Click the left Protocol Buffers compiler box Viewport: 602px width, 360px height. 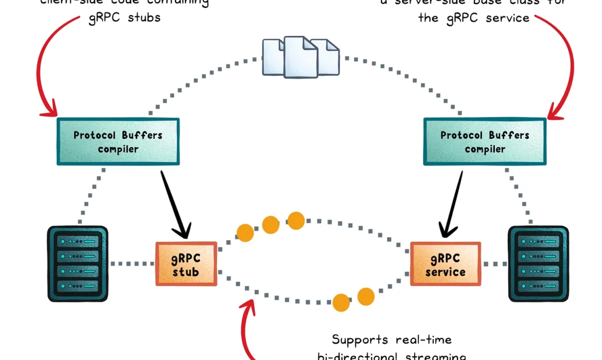point(118,142)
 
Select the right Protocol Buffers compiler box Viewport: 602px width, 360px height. point(485,142)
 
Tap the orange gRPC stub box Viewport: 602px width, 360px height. point(186,264)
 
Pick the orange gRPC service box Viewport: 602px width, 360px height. point(445,264)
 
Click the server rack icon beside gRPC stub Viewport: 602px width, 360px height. point(78,263)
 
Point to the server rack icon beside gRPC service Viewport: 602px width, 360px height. point(538,263)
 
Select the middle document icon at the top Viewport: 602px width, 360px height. point(300,56)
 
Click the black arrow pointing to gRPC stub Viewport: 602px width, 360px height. point(176,203)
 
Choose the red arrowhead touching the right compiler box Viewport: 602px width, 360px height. point(555,112)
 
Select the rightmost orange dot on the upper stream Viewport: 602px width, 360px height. point(296,220)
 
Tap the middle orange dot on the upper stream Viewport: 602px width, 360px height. point(271,224)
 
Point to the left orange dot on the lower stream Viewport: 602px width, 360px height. point(341,302)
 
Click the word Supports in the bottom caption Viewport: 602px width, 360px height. point(358,340)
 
